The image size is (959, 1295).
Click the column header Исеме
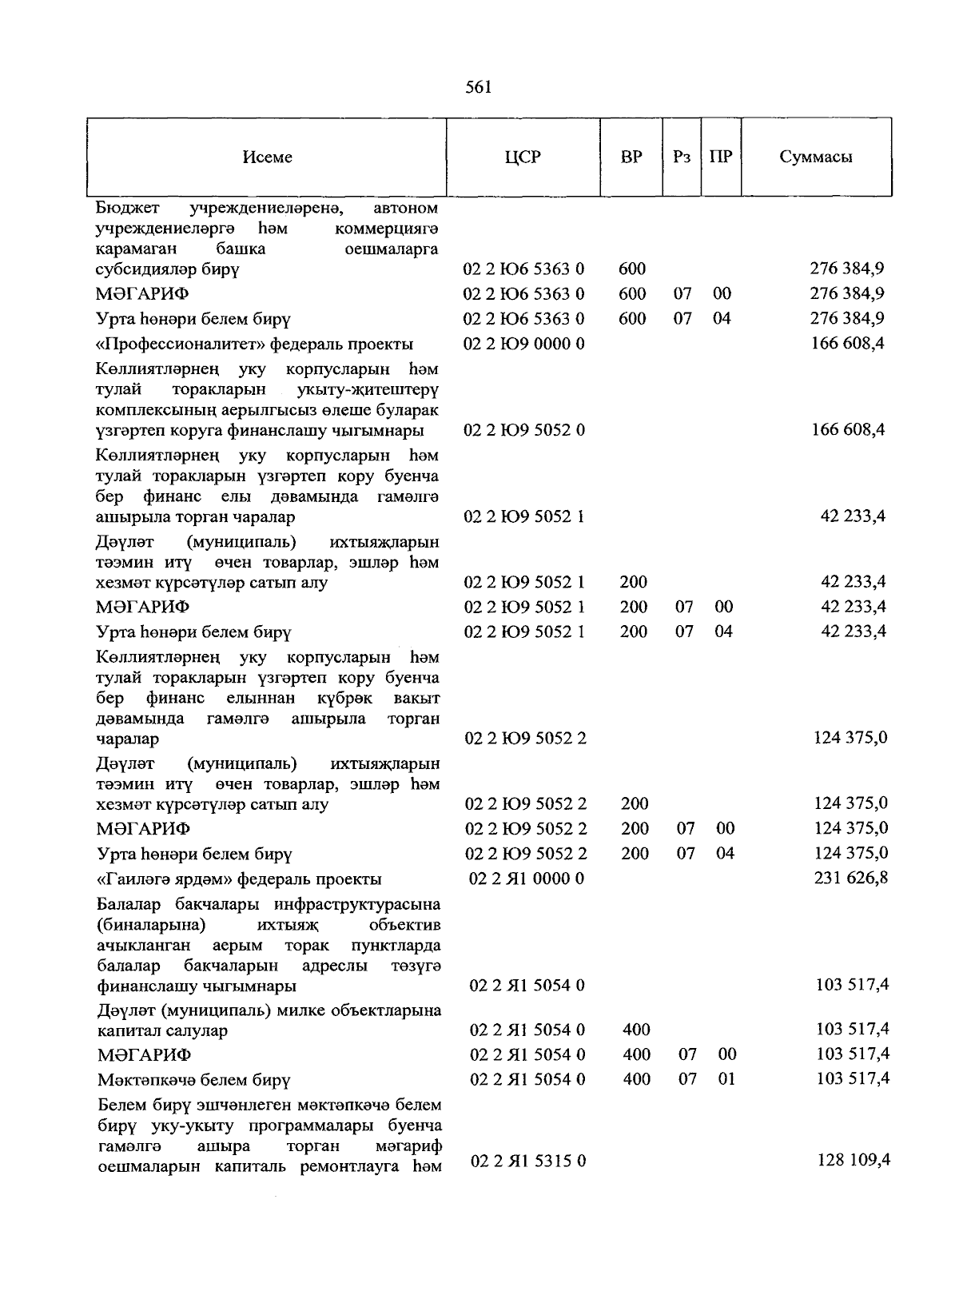pos(267,157)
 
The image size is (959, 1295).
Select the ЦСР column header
pos(523,157)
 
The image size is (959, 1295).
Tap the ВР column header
pos(631,157)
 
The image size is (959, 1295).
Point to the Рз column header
pos(682,157)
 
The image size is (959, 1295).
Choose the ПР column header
pos(721,157)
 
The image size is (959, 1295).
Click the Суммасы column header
pos(816,157)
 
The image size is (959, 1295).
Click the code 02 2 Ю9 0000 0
pos(524,345)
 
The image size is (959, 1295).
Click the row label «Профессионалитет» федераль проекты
pos(254,345)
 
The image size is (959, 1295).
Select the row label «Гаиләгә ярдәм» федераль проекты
pos(239,879)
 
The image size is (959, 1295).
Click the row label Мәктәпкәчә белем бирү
pos(193,1080)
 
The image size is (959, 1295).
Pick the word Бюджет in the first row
pos(127,209)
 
